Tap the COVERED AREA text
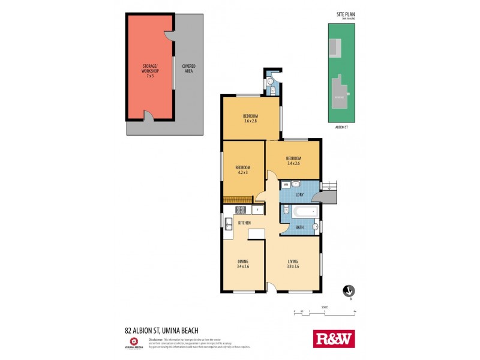(x=188, y=69)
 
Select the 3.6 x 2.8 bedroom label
(x=250, y=119)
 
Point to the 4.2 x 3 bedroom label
(x=242, y=171)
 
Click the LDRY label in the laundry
(x=299, y=195)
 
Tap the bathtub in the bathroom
(x=304, y=211)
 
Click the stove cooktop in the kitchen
(x=240, y=210)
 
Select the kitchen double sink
(x=229, y=224)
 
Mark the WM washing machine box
(x=286, y=184)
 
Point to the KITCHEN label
(x=245, y=223)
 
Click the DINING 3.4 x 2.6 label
(x=242, y=263)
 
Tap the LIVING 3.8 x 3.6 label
(x=293, y=263)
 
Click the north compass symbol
(x=347, y=291)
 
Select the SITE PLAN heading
(x=344, y=15)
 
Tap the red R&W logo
(x=334, y=338)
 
